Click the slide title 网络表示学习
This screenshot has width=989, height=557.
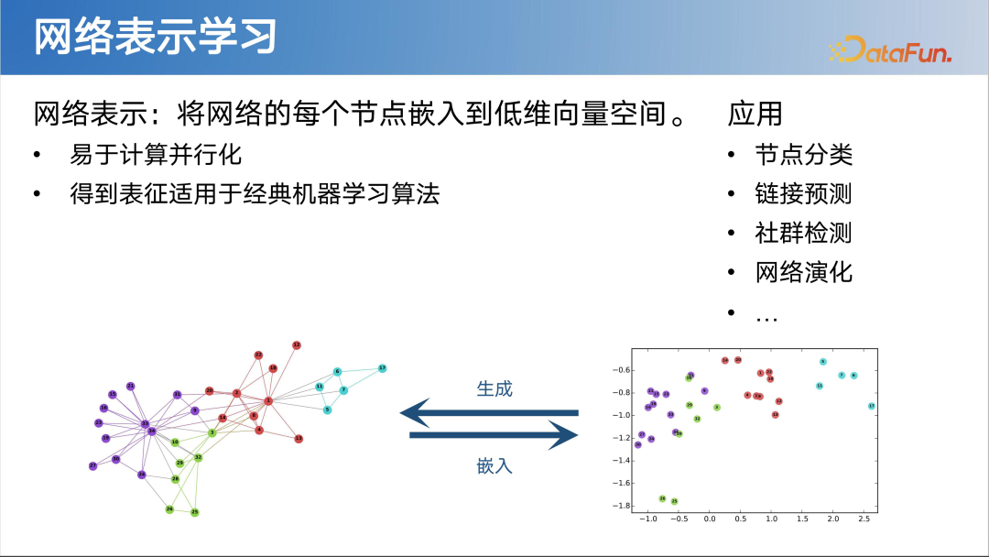click(x=155, y=38)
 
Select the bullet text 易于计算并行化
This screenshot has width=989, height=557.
click(x=156, y=154)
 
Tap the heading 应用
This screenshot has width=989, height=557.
click(x=755, y=114)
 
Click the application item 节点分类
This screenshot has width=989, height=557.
click(x=803, y=154)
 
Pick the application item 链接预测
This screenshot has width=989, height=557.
click(x=803, y=193)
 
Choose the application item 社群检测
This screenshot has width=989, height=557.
click(x=803, y=233)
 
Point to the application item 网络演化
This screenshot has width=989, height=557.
click(x=803, y=272)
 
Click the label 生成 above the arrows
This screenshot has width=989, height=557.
click(x=494, y=388)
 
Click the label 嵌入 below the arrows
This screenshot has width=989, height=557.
click(x=494, y=465)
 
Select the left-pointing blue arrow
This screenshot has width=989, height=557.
click(x=490, y=413)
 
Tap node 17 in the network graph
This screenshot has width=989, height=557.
click(x=382, y=367)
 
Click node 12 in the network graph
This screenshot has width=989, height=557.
click(x=297, y=345)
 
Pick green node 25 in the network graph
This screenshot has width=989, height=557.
click(x=194, y=512)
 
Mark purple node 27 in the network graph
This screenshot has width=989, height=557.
click(x=92, y=466)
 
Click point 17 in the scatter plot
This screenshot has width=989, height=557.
click(x=871, y=406)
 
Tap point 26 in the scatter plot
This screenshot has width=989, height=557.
click(x=662, y=498)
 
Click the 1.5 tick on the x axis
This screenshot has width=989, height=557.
click(x=802, y=519)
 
